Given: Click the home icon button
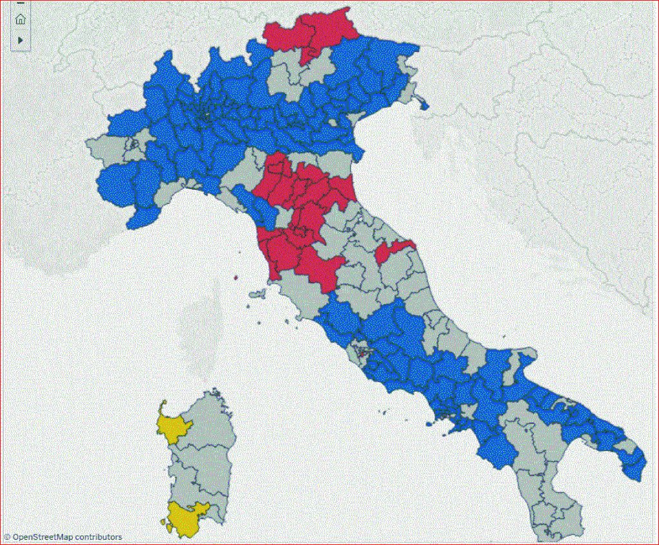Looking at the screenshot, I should click(21, 19).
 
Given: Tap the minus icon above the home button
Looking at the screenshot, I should click(21, 3).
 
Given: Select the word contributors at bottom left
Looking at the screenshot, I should click(98, 537).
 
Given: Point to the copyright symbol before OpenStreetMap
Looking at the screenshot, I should click(7, 537).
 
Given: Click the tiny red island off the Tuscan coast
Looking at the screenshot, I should click(237, 278).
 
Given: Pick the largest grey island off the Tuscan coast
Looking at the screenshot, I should click(257, 294).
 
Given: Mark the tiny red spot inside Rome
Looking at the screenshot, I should click(362, 352).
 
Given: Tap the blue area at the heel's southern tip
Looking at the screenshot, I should click(637, 470).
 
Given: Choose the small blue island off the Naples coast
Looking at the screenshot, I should click(429, 424).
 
